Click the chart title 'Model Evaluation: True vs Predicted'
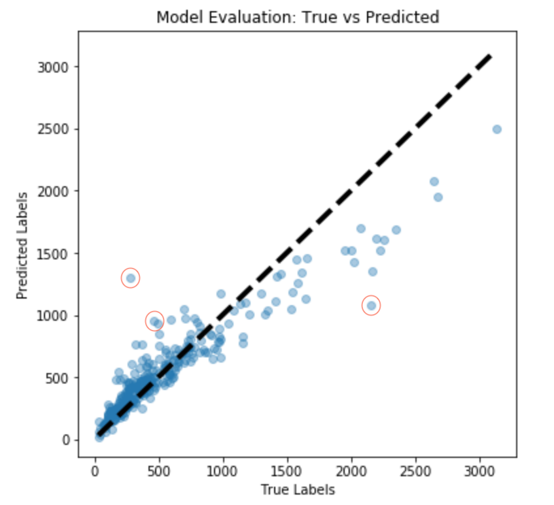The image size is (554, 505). (x=297, y=17)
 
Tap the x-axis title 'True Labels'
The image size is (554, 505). (x=298, y=489)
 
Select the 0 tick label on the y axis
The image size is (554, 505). (x=66, y=440)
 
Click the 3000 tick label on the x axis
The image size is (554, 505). (x=479, y=471)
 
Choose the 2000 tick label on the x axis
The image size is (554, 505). (x=351, y=471)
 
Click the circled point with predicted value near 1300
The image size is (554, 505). (x=131, y=278)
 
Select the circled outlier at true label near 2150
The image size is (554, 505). (x=371, y=305)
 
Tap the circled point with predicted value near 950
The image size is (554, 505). (x=154, y=321)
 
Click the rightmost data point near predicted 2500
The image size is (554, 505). (x=496, y=129)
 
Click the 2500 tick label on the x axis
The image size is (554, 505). (x=415, y=471)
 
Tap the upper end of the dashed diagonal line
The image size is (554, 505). (x=489, y=57)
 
